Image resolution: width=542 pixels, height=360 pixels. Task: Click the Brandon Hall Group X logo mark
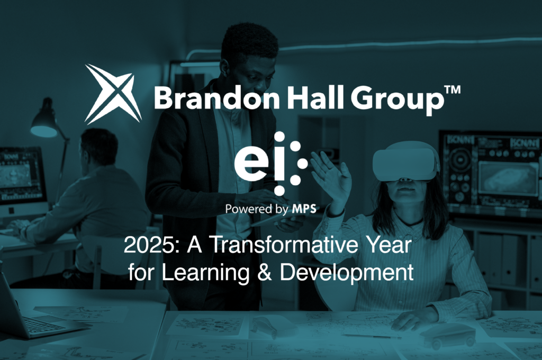(113, 94)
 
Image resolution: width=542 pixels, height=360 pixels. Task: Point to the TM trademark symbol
(452, 90)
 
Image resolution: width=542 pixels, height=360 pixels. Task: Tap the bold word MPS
(304, 209)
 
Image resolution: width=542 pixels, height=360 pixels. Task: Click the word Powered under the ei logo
(248, 209)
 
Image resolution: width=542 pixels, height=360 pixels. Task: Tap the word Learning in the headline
(205, 273)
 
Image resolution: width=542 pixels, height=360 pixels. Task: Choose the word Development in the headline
(346, 273)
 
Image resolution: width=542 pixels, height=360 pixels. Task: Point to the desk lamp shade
(44, 124)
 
